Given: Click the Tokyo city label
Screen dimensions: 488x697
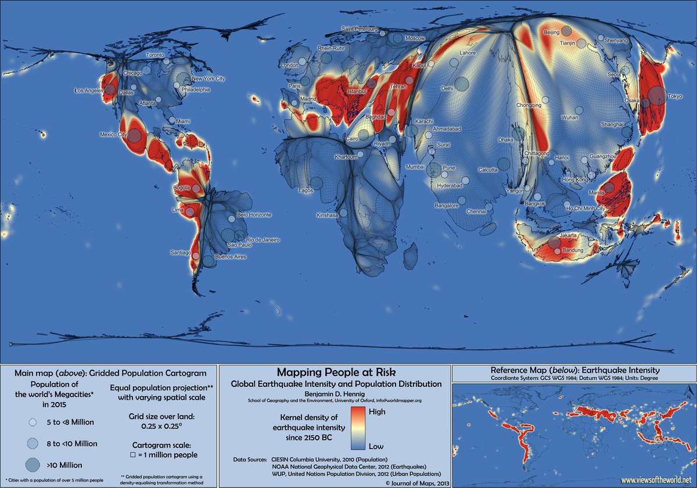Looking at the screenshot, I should (675, 96).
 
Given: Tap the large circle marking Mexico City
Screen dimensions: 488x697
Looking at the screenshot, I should (134, 135).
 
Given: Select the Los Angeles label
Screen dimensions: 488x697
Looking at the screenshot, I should (88, 91).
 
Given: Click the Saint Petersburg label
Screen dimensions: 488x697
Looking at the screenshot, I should (360, 28).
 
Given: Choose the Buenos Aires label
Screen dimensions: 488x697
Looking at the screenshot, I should (231, 257).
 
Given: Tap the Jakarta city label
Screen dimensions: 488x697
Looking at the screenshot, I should (568, 235).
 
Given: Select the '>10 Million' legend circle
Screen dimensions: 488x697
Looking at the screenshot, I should (33, 464).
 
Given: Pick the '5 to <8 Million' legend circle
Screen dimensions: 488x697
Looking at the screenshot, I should (33, 422).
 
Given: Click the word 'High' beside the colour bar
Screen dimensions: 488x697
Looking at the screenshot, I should (378, 411).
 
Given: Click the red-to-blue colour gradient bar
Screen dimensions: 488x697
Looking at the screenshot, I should (357, 428).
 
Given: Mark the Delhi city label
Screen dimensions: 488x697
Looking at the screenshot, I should (447, 89).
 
